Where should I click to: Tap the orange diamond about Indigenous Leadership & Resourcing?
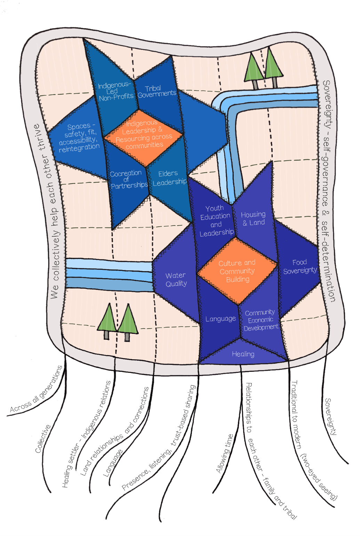pos(143,137)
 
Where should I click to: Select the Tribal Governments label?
pos(157,92)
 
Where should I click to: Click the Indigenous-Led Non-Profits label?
pos(115,91)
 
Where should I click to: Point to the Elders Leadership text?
pos(170,178)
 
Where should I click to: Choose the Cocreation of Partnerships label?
pos(129,179)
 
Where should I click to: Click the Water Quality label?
pos(176,279)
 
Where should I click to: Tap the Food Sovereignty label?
pos(300,267)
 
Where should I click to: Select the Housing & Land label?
pos(254,218)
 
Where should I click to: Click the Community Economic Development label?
pos(261,320)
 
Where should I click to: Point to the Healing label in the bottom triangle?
pos(243,354)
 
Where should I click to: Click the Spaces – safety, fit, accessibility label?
pos(79,138)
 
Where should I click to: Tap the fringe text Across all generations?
pos(36,390)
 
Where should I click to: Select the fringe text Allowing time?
pos(225,454)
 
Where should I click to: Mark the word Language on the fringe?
pos(113,463)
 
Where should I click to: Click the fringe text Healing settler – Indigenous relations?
pos(86,434)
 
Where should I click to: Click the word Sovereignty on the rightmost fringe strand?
pos(331,416)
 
